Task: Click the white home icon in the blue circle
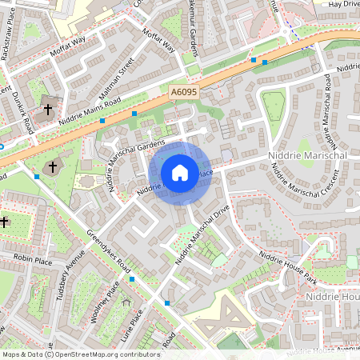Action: tap(180, 172)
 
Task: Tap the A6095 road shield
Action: tap(184, 94)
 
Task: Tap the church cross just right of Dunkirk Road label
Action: tap(48, 108)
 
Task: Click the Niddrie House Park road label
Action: tap(288, 268)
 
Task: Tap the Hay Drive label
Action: tap(343, 4)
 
